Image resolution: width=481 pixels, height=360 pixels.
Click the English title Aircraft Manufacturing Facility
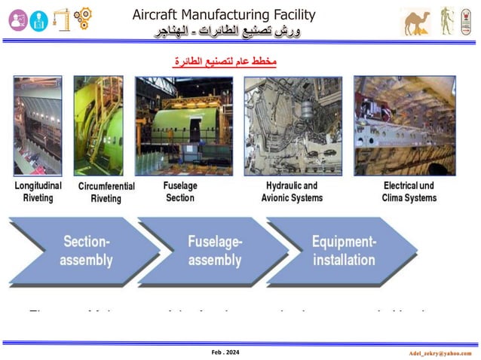point(224,14)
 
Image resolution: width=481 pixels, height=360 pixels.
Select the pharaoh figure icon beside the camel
point(448,21)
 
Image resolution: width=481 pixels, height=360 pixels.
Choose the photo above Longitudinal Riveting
point(37,125)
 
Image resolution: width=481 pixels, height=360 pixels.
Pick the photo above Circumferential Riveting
point(98,125)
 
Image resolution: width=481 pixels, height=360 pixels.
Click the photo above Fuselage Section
point(178,125)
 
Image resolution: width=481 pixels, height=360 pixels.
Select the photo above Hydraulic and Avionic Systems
point(293,125)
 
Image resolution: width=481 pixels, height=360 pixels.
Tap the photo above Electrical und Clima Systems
point(405,125)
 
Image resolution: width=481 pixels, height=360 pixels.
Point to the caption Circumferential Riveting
point(106,192)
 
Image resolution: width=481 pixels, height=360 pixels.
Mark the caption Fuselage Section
point(179,191)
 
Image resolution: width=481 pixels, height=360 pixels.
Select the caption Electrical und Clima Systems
point(409,191)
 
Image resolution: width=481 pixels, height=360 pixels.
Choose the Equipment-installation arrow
point(343,251)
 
